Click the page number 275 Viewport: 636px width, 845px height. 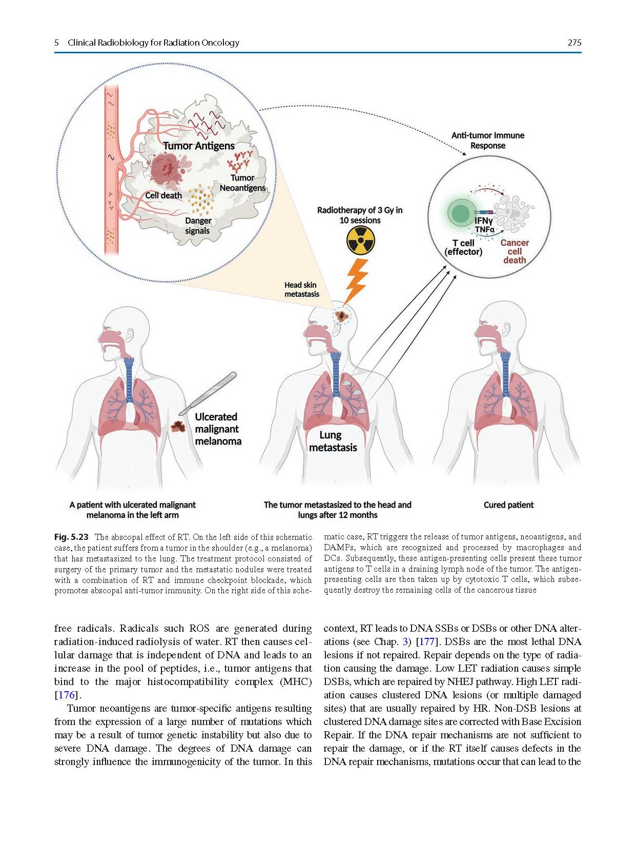(574, 43)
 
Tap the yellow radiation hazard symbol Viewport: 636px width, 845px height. (360, 240)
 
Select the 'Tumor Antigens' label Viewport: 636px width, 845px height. (199, 146)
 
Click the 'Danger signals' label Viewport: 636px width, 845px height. (198, 226)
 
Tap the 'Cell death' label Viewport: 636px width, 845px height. (163, 195)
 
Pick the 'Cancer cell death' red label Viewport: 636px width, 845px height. (515, 251)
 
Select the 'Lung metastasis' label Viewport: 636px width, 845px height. (333, 441)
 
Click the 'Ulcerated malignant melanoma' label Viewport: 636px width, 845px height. (217, 429)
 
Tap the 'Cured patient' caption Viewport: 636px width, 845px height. (508, 505)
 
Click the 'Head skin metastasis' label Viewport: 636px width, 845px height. (301, 289)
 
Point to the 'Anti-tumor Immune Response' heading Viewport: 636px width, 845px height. (487, 140)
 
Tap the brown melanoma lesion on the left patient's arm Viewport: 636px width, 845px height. (178, 427)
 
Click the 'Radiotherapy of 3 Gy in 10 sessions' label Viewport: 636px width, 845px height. (360, 215)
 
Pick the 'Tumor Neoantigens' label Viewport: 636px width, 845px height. (242, 183)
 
